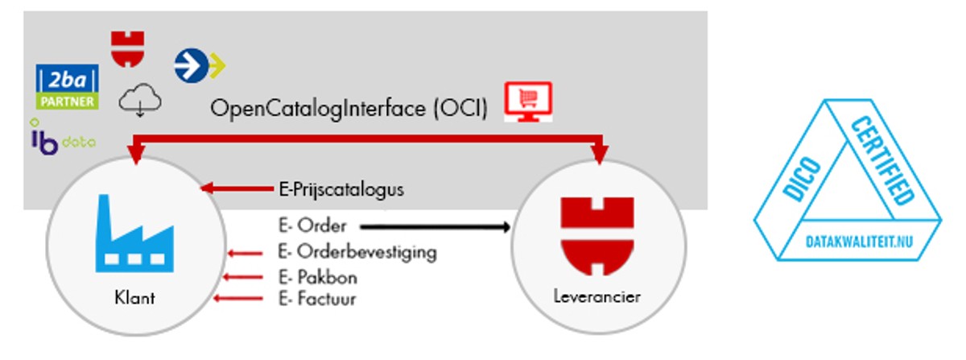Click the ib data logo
pyautogui.click(x=61, y=138)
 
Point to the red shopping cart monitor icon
pyautogui.click(x=529, y=101)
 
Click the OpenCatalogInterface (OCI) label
pyautogui.click(x=349, y=109)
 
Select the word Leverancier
pyautogui.click(x=597, y=297)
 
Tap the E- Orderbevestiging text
pyautogui.click(x=356, y=252)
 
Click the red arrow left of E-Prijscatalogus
pyautogui.click(x=237, y=188)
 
